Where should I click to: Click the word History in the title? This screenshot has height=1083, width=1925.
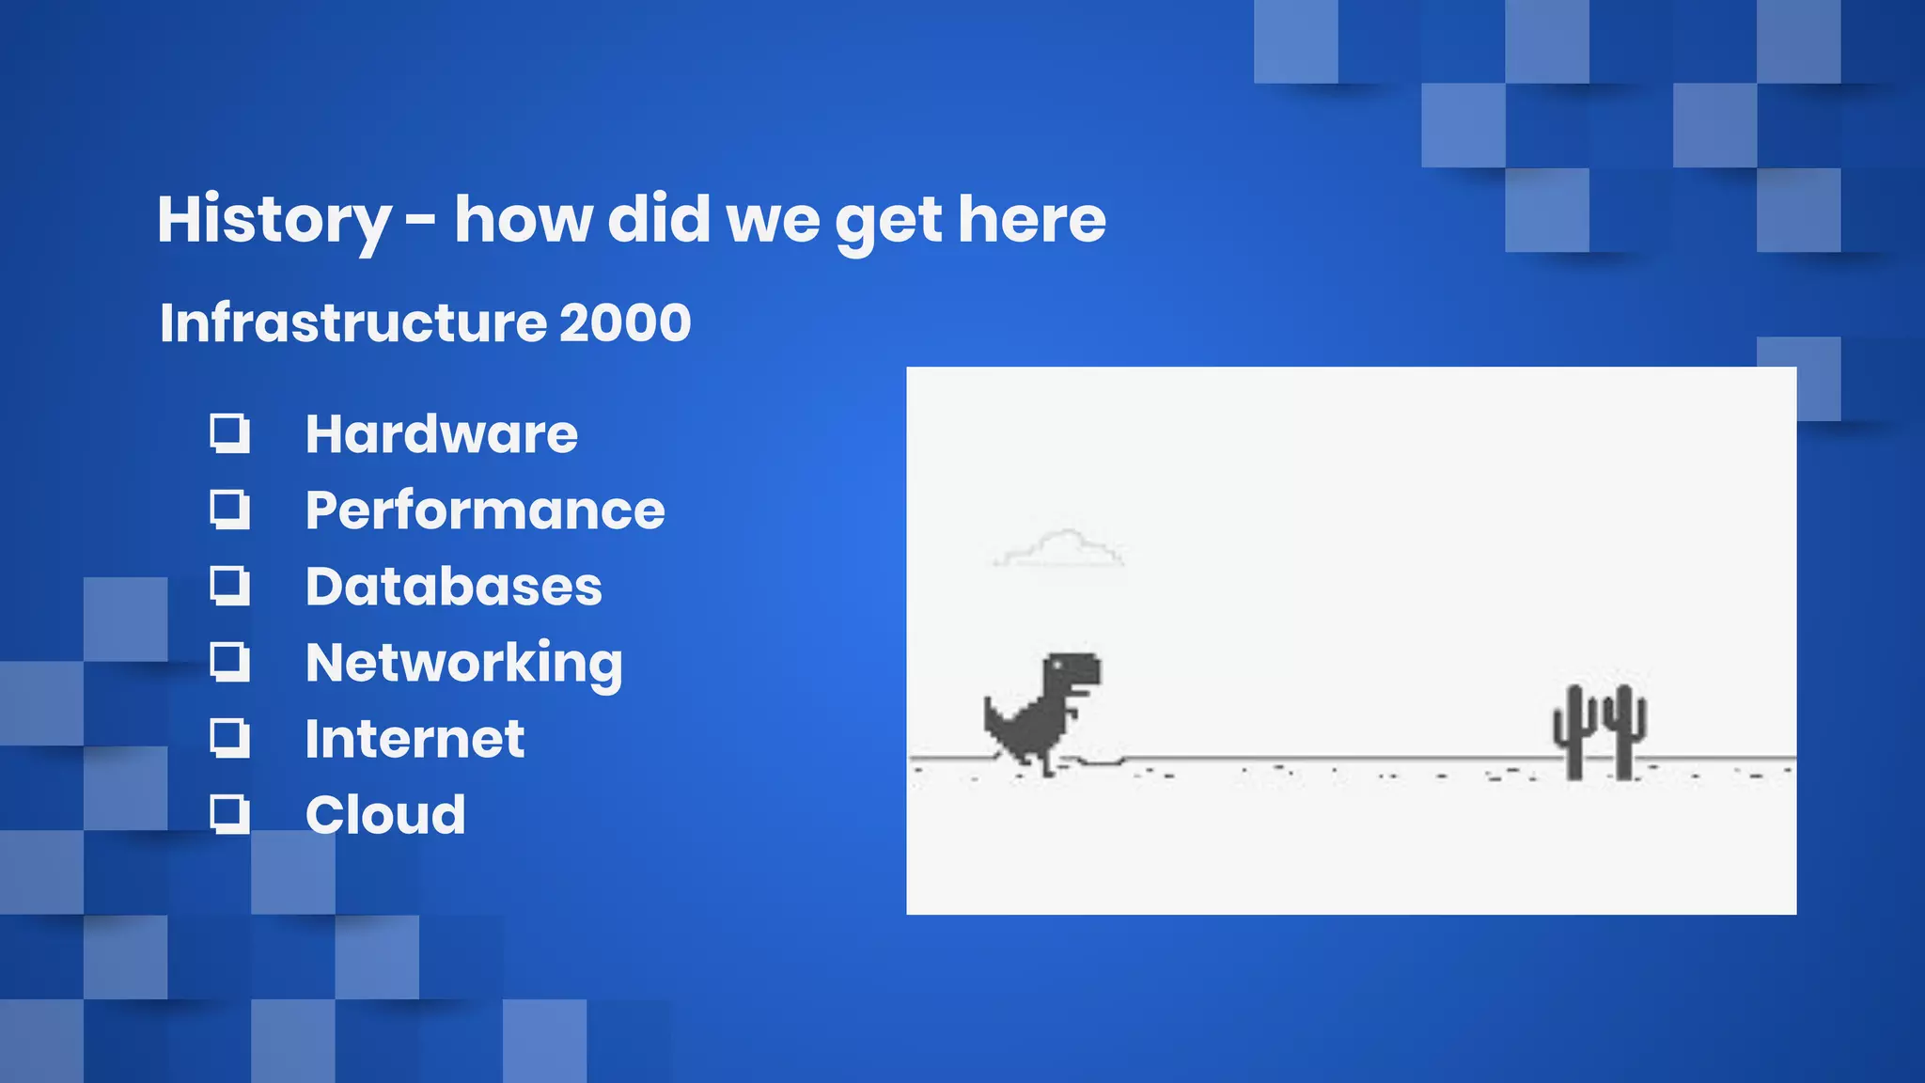273,220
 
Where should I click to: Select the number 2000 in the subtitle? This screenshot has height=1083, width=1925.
625,323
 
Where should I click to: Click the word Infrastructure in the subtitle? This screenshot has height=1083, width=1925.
352,323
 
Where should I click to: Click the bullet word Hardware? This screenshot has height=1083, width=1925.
441,434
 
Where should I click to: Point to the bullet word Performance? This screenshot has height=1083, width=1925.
484,510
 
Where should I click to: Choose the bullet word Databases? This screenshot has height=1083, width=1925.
453,587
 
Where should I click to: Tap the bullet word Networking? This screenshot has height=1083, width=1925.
463,664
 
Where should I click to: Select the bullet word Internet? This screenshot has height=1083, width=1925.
415,739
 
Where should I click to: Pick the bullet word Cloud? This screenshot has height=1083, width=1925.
385,815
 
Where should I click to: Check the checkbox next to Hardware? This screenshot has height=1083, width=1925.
229,433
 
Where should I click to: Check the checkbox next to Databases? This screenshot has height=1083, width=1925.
229,586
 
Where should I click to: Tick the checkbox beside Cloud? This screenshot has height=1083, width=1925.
229,814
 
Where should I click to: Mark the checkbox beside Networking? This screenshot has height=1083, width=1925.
229,662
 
